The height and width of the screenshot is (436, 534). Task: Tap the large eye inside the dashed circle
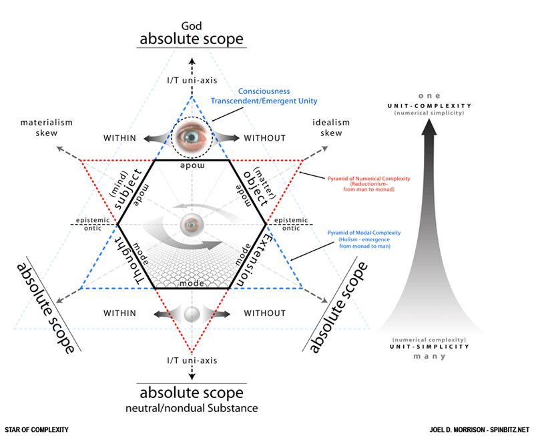[192, 137]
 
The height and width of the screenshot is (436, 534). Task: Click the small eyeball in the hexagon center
[192, 225]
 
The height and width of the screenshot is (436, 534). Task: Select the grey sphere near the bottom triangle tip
[192, 313]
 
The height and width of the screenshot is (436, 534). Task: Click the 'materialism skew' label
[47, 127]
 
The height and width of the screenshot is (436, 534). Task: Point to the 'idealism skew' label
[331, 127]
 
